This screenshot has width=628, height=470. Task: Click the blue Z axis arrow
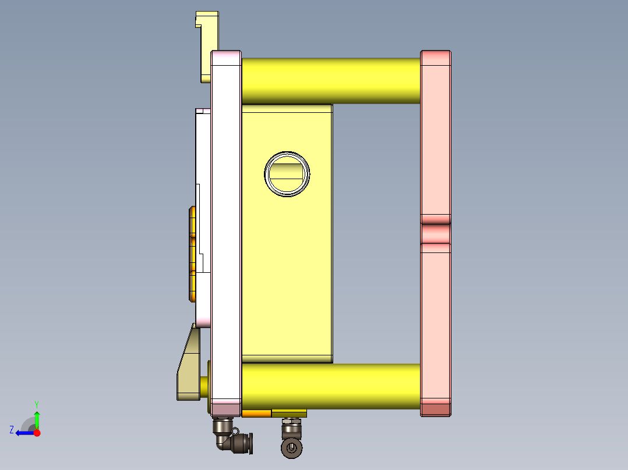click(x=23, y=433)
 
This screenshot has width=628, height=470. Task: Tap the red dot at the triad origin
click(x=37, y=433)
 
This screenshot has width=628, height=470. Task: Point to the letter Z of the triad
click(x=12, y=430)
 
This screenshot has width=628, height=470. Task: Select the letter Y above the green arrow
click(x=37, y=404)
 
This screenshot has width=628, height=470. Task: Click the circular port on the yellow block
click(x=287, y=173)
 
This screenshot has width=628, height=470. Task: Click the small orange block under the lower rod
click(x=256, y=414)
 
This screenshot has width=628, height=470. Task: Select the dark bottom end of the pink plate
click(x=436, y=410)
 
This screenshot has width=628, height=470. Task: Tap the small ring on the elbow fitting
click(x=235, y=431)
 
